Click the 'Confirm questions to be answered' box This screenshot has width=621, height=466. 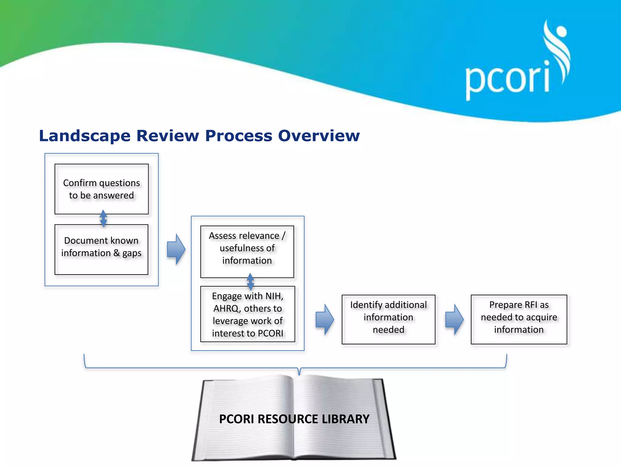point(102,189)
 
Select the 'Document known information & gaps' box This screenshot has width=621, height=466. point(102,249)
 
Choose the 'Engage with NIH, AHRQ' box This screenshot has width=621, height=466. point(248,314)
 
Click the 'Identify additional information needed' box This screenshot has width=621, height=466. point(388,319)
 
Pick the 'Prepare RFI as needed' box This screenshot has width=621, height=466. point(519,319)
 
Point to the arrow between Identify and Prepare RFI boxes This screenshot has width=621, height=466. point(454,319)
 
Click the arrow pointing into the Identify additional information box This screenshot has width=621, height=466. point(325,319)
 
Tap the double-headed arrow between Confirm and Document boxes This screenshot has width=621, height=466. point(103,218)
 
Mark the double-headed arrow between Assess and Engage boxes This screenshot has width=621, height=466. point(250,282)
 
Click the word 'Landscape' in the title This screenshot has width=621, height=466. point(85,136)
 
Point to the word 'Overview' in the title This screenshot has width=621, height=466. point(319,136)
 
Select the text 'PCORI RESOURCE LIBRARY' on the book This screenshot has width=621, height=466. point(294,419)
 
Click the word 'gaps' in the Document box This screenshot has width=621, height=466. point(132,253)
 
